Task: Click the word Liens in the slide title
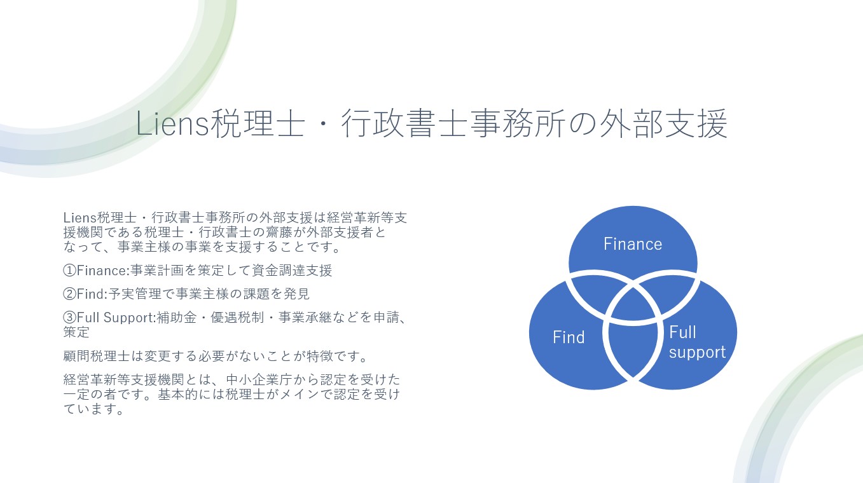click(x=172, y=123)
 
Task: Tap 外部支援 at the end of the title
click(x=663, y=123)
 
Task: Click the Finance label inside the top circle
click(x=633, y=244)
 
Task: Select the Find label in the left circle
click(x=569, y=337)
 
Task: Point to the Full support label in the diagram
click(x=697, y=342)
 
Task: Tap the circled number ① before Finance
click(x=70, y=271)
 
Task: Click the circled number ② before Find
click(x=70, y=294)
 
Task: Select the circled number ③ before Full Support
click(x=70, y=318)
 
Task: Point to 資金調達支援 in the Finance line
click(x=292, y=271)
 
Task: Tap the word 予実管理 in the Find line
click(x=134, y=294)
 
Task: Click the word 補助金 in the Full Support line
click(x=176, y=318)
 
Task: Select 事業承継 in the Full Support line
click(x=305, y=318)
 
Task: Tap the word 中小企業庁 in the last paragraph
click(x=259, y=379)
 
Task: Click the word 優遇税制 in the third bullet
click(x=237, y=318)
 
